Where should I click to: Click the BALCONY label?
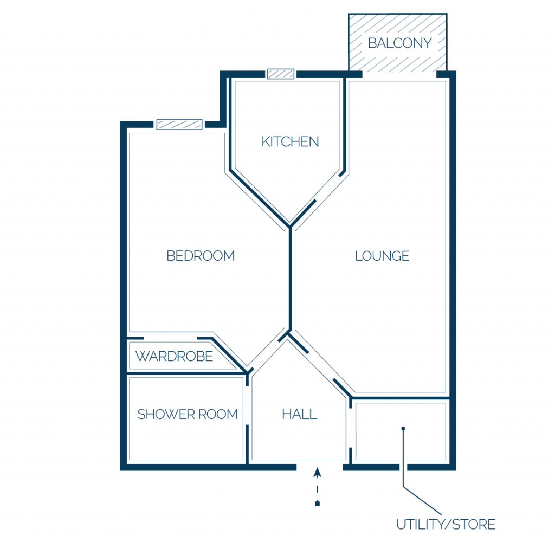pos(399,43)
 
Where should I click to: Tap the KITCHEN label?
pos(290,141)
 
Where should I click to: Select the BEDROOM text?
pos(201,256)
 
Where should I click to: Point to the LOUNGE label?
pos(382,256)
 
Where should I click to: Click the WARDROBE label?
pos(174,357)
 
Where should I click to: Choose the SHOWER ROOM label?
pos(187,414)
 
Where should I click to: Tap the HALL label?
pos(299,414)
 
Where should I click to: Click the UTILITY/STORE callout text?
pos(446,524)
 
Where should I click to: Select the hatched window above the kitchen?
pos(281,74)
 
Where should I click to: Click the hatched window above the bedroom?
pos(179,124)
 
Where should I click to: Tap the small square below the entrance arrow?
pos(317,504)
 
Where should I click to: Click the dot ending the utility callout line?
pos(403,428)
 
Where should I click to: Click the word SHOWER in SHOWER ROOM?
pos(165,414)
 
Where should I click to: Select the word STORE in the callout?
pos(474,524)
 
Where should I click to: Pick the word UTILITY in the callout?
pos(420,524)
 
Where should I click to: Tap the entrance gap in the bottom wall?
pos(320,467)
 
